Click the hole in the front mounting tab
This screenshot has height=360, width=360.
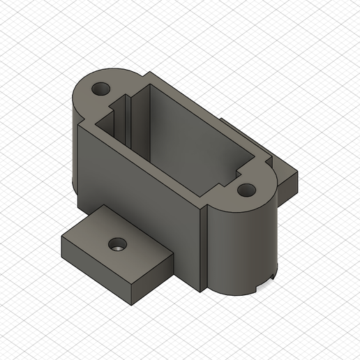[118, 245]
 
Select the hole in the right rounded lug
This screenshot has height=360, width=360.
[245, 189]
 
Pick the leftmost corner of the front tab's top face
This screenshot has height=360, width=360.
[63, 239]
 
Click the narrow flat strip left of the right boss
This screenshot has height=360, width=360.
[204, 248]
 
